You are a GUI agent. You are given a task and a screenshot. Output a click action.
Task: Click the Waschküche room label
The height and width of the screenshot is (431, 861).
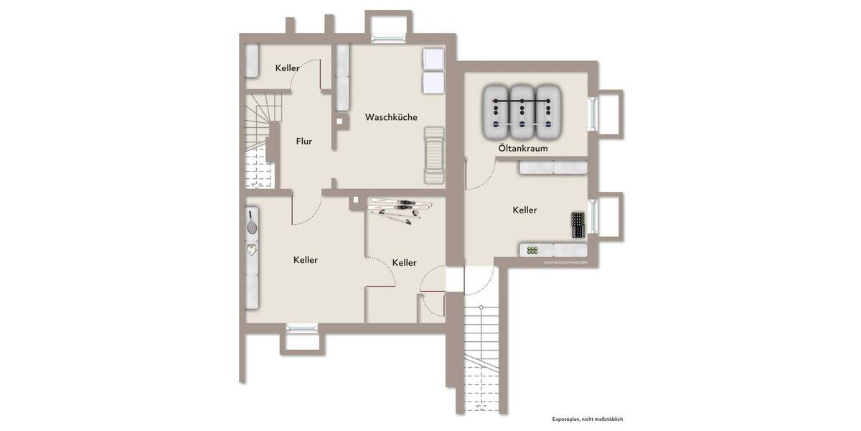391,117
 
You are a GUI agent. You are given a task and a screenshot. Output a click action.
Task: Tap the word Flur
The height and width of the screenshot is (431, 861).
304,142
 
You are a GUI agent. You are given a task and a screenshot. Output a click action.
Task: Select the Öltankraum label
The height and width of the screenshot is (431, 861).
523,149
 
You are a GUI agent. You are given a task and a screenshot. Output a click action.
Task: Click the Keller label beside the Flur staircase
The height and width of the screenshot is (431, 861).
287,68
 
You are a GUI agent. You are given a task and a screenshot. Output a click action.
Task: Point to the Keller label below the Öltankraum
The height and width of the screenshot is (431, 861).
524,210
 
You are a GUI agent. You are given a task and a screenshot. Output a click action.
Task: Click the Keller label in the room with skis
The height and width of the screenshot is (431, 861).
404,263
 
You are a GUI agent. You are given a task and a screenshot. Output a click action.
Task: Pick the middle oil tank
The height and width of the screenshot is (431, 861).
523,112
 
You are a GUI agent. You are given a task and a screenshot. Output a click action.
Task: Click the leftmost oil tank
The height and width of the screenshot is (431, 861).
497,112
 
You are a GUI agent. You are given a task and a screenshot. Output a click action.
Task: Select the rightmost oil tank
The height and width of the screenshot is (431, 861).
548,112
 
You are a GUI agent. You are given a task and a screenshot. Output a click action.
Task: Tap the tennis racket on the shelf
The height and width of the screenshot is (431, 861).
252,222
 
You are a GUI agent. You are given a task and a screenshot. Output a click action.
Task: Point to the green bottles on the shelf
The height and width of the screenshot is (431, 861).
532,250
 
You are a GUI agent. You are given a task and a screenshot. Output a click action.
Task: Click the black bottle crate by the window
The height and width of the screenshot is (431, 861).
578,225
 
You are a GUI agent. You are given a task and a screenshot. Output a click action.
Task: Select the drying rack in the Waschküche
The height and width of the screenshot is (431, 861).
434,155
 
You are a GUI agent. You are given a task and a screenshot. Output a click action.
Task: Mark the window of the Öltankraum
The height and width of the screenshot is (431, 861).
593,113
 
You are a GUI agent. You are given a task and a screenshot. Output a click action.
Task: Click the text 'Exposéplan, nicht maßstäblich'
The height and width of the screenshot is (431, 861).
582,419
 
